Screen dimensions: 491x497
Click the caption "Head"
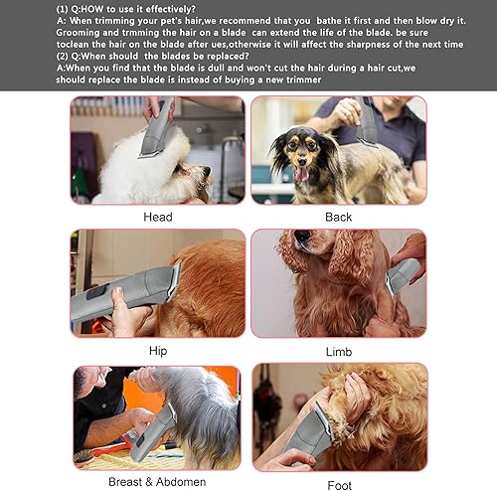pyautogui.click(x=158, y=217)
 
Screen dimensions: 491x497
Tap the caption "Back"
pyautogui.click(x=338, y=217)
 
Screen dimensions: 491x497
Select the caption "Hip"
pyautogui.click(x=158, y=351)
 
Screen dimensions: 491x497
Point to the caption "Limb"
pyautogui.click(x=338, y=351)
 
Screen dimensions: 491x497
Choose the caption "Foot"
pyautogui.click(x=338, y=485)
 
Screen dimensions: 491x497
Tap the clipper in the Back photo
pyautogui.click(x=366, y=124)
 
